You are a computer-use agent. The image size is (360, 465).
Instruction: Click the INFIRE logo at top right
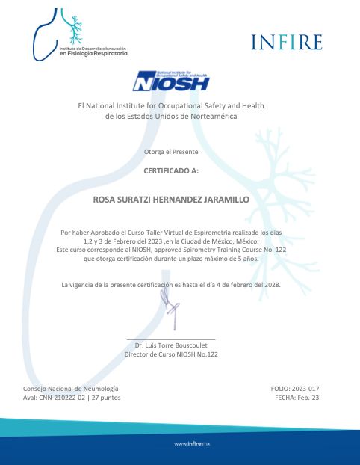coord(286,42)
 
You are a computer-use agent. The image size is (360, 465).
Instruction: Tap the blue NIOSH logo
coord(170,81)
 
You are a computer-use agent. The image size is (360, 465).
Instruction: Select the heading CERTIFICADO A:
coord(171,170)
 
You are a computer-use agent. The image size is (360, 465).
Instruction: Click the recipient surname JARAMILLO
coord(223,200)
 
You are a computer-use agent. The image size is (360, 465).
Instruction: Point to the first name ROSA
coord(104,200)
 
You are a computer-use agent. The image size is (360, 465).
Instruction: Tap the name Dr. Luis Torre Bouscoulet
coord(171,345)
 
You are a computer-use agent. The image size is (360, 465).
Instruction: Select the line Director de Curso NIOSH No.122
coord(171,354)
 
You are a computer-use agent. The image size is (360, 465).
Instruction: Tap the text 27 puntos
coord(106,398)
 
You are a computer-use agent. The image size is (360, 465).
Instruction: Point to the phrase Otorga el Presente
coord(171,152)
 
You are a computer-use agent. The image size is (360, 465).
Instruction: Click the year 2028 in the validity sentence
coord(268,285)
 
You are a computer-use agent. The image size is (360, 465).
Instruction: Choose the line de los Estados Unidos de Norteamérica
coord(171,117)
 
